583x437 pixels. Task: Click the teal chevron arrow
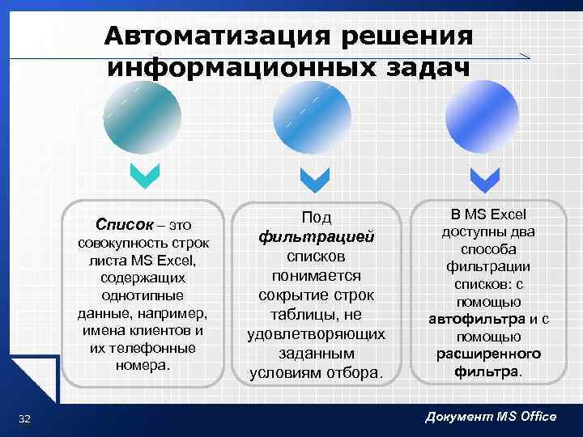(145, 176)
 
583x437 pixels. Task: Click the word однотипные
(143, 295)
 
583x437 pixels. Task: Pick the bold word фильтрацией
(317, 237)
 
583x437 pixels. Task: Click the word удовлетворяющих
(317, 334)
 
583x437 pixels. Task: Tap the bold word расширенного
(488, 354)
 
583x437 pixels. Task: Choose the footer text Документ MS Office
(491, 416)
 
